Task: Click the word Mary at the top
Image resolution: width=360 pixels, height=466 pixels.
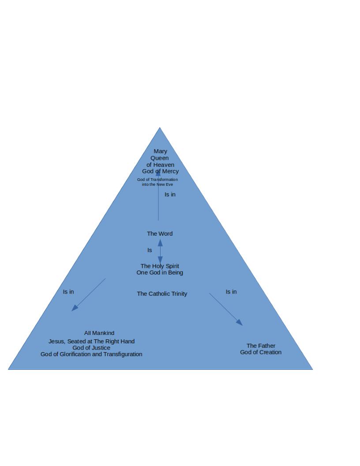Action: (161, 151)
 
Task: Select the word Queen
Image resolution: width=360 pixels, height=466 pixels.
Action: (160, 158)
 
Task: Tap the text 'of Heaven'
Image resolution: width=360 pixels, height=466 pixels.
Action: (161, 165)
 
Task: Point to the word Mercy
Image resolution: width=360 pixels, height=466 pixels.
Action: (170, 171)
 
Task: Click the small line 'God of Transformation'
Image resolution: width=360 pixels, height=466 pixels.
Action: (157, 180)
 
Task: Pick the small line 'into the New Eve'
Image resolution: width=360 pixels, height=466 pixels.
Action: (157, 184)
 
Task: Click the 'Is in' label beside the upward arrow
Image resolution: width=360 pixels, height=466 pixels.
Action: (170, 194)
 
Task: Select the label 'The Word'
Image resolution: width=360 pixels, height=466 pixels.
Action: (160, 233)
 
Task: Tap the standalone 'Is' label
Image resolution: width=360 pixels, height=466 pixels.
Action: (150, 250)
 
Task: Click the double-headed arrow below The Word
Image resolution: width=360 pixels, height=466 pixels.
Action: (160, 251)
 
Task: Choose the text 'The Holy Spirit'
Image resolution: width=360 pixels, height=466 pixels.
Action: (160, 266)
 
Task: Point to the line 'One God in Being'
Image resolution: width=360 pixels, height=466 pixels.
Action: (160, 273)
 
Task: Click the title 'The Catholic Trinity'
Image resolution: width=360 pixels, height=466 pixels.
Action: (162, 293)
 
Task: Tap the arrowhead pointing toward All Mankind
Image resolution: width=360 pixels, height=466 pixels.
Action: (75, 308)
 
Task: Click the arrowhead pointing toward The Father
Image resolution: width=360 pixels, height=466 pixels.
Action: (240, 323)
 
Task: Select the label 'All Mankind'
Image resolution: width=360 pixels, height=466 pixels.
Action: (99, 333)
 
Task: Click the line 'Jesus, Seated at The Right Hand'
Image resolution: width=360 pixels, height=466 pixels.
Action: (91, 342)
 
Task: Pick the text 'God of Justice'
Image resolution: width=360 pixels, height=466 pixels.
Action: (91, 348)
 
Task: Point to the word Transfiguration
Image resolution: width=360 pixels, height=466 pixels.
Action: (123, 354)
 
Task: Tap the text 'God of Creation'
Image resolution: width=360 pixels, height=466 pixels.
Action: (261, 352)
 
